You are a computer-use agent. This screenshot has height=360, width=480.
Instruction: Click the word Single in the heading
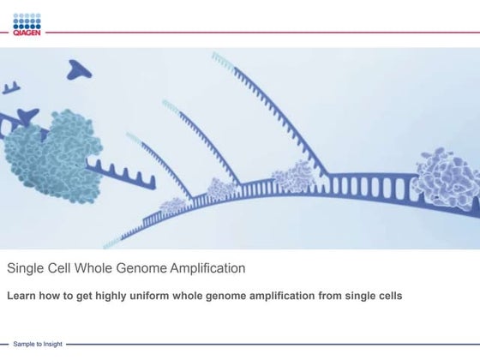[26, 268]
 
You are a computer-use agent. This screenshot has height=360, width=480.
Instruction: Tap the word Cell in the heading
[64, 268]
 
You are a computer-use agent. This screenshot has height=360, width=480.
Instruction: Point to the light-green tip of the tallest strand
[225, 58]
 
